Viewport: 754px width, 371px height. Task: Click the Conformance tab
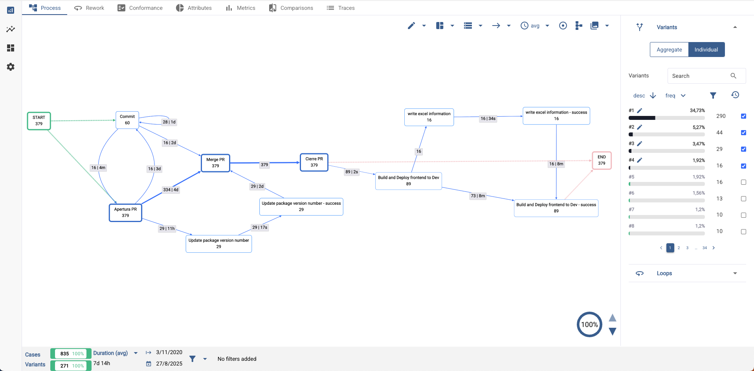tap(140, 8)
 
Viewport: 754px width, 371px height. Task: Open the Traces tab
tap(341, 8)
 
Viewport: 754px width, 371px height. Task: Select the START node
tap(39, 121)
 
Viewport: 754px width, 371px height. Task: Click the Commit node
tap(127, 120)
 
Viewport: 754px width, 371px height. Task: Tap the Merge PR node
tap(215, 163)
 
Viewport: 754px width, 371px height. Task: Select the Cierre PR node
tap(314, 162)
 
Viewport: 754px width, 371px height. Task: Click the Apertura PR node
tap(125, 212)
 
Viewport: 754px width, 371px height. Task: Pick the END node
tap(602, 160)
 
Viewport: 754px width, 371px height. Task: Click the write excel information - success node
tap(556, 116)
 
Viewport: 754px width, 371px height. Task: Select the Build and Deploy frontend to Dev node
tap(408, 181)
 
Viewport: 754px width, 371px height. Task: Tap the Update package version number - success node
tap(301, 207)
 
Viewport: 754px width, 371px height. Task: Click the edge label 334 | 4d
tap(171, 190)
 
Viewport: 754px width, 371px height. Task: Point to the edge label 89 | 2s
tap(352, 172)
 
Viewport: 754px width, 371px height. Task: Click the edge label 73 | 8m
tap(478, 196)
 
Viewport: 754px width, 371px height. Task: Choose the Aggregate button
tap(669, 50)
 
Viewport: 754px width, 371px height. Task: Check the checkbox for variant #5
tap(743, 182)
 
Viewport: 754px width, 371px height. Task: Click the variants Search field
tap(699, 76)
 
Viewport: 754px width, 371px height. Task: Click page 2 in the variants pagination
tap(679, 248)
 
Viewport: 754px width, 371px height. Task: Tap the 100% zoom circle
tap(589, 325)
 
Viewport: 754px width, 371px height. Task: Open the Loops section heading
tap(664, 274)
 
